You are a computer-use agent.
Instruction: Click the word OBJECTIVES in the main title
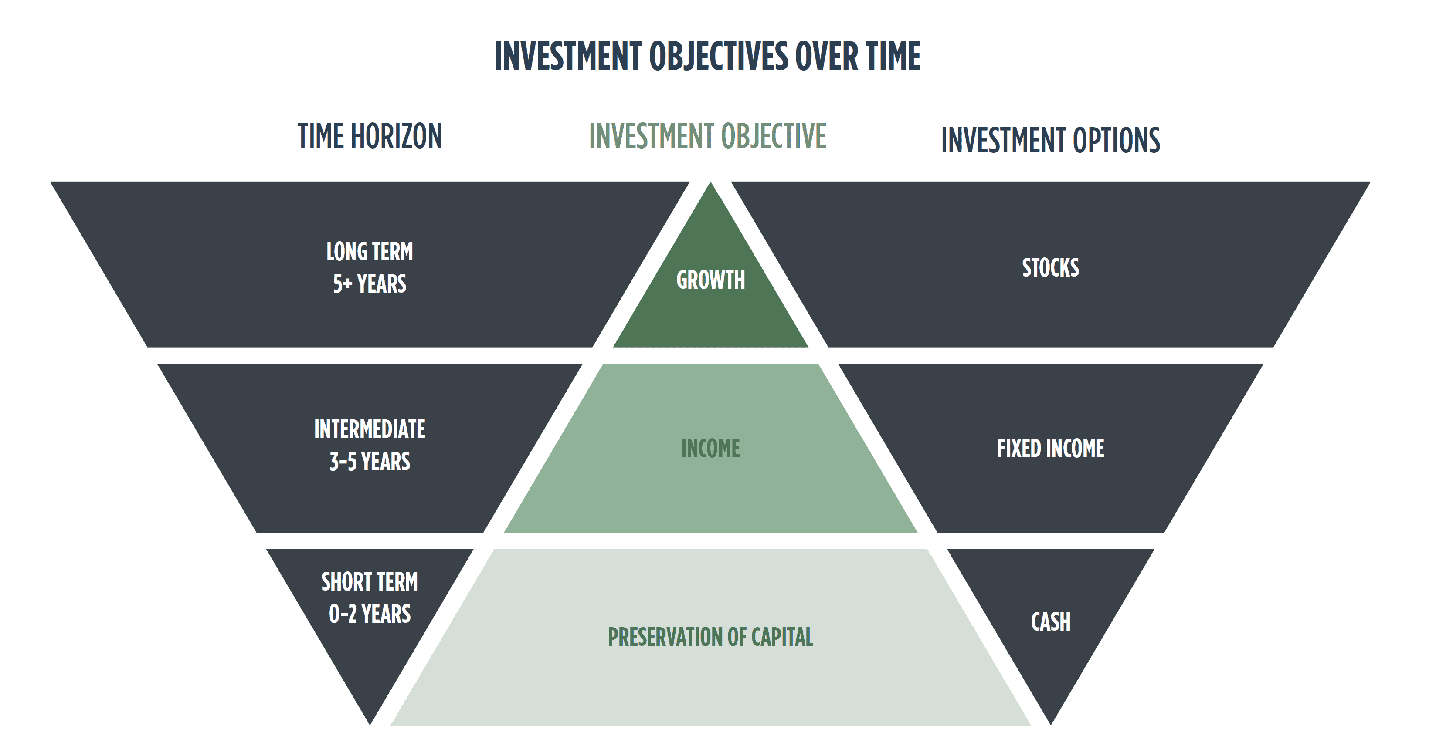[719, 56]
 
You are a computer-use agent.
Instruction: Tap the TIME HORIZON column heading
[370, 136]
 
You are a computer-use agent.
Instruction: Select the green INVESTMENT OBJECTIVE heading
[707, 136]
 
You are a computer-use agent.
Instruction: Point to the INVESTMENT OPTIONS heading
[1050, 140]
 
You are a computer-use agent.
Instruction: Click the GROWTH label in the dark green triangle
[710, 280]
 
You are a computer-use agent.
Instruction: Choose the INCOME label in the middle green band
[710, 449]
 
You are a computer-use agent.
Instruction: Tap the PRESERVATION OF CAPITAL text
[710, 637]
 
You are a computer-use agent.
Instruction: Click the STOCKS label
[1050, 267]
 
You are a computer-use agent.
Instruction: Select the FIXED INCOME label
[1050, 449]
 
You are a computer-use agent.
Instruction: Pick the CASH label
[1050, 622]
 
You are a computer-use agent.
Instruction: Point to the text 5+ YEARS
[370, 284]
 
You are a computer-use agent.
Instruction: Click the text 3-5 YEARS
[370, 462]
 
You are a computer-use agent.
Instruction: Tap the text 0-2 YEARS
[370, 614]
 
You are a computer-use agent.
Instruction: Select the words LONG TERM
[370, 252]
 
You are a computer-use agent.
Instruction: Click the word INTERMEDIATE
[370, 429]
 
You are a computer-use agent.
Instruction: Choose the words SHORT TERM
[370, 582]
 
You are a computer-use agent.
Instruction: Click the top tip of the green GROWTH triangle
[710, 183]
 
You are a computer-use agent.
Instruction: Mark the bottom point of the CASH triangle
[1050, 724]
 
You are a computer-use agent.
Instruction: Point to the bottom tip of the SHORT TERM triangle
[370, 724]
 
